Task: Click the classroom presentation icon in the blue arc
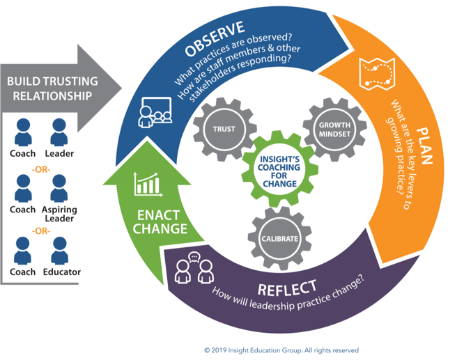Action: [x=154, y=109]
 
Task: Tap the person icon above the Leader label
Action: [x=60, y=130]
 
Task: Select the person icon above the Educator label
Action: [x=60, y=249]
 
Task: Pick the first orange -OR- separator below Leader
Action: [x=40, y=167]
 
